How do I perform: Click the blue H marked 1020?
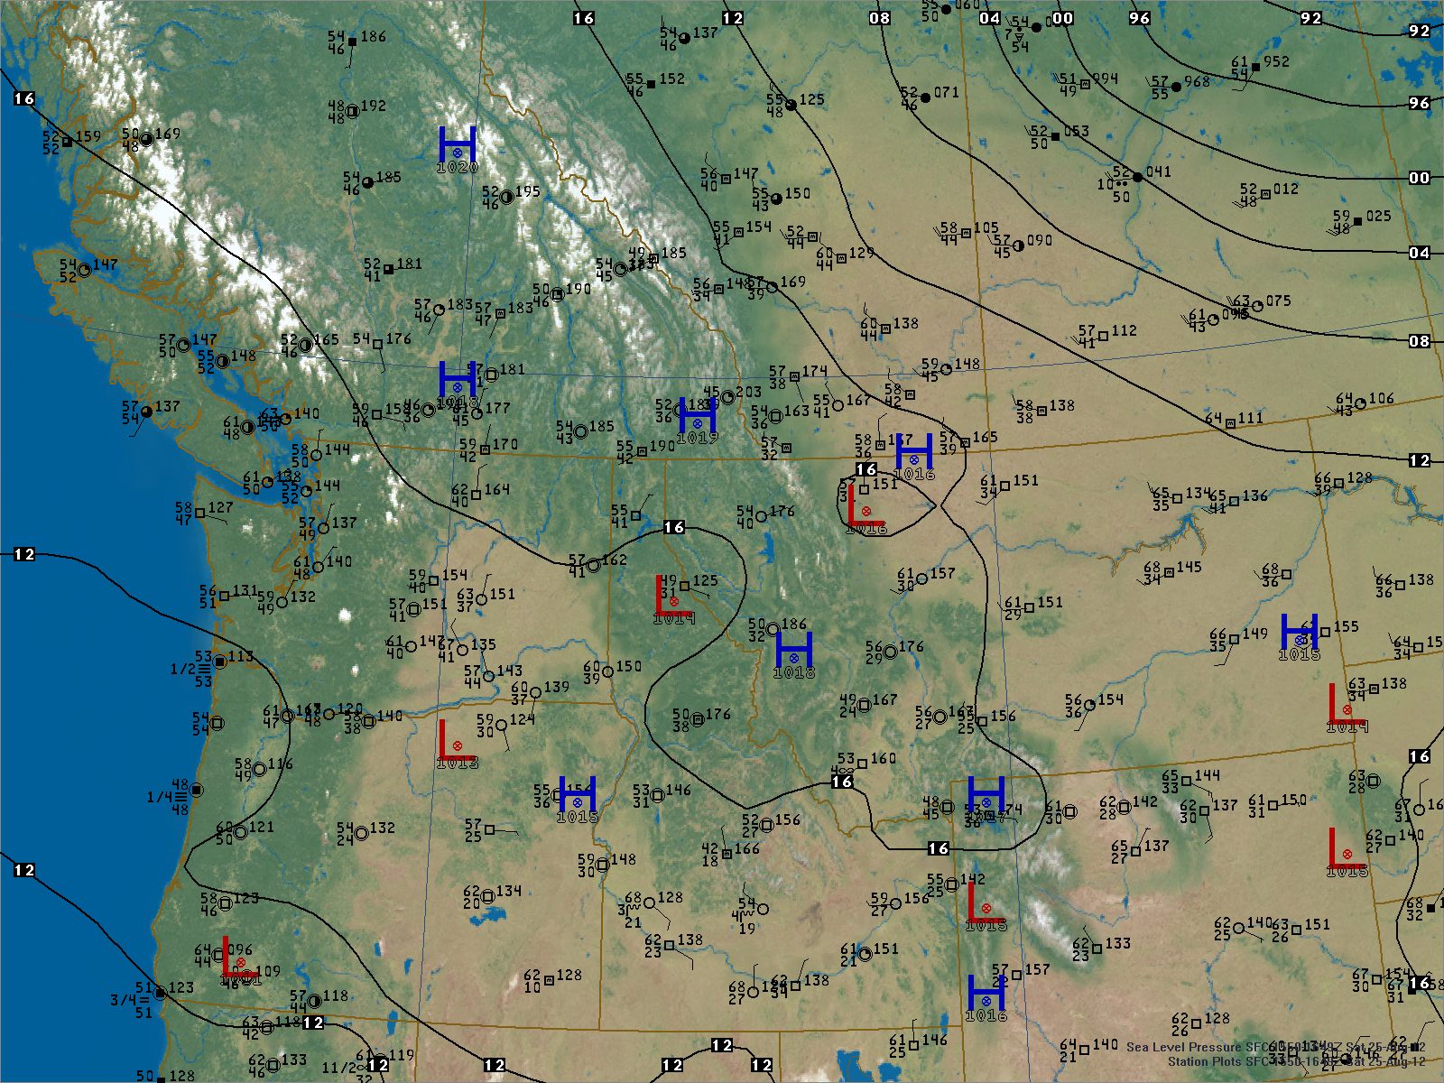(x=458, y=146)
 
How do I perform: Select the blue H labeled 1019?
(x=697, y=417)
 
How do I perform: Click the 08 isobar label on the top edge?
(x=879, y=18)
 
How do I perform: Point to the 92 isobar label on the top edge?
(x=1310, y=18)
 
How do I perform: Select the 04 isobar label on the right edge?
(x=1420, y=253)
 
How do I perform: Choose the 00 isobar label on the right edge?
(x=1420, y=178)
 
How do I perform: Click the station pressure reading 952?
(x=1276, y=62)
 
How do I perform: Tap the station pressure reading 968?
(x=1197, y=82)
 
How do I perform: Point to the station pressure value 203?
(x=748, y=392)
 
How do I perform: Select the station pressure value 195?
(x=527, y=191)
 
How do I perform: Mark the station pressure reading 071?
(x=946, y=92)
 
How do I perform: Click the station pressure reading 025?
(x=1378, y=217)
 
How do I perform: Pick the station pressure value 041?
(x=1158, y=171)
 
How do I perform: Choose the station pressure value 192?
(x=374, y=106)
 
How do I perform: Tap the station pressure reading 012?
(x=1286, y=190)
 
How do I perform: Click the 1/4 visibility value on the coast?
(x=159, y=797)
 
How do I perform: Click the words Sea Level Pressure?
(x=1185, y=1047)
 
